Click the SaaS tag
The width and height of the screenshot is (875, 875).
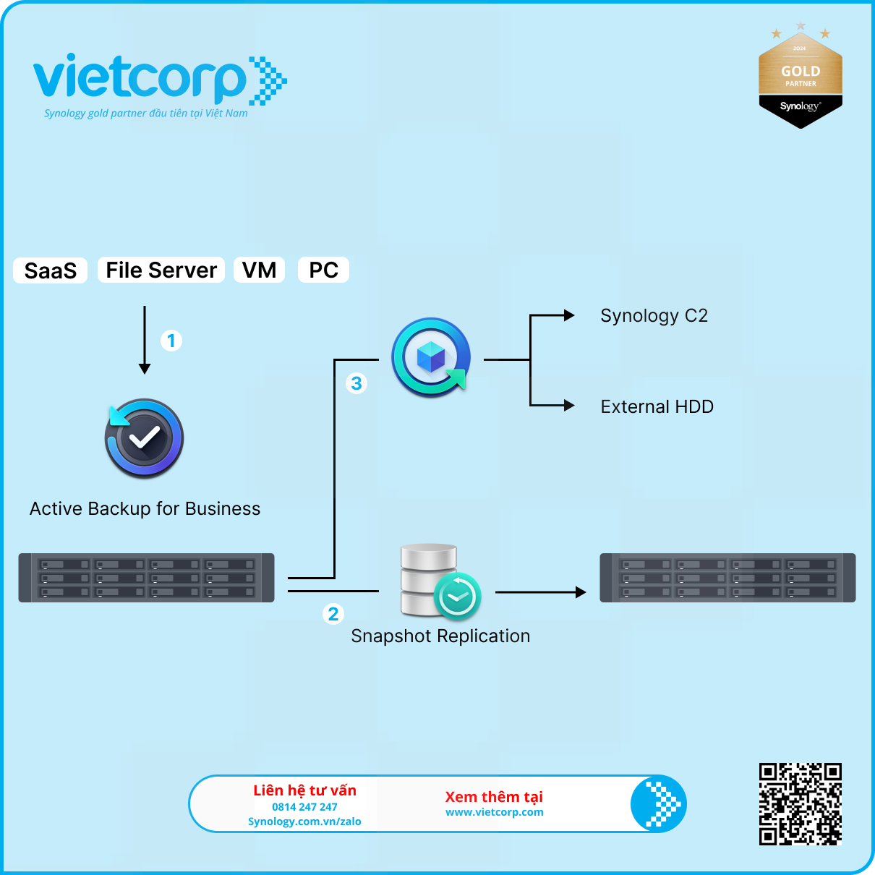click(51, 270)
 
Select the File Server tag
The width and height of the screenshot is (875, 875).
click(161, 270)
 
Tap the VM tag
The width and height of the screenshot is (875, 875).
click(259, 270)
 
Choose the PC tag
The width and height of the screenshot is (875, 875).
click(323, 270)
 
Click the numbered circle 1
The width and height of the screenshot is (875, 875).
click(171, 341)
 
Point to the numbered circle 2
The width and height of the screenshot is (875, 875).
click(333, 614)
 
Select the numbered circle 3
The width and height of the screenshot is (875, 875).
click(357, 383)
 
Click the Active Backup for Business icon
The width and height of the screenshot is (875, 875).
click(144, 438)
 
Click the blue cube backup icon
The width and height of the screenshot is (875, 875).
click(431, 357)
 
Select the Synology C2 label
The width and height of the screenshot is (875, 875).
click(654, 316)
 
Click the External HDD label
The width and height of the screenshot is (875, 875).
click(657, 407)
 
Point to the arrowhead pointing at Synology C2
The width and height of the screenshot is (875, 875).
click(569, 315)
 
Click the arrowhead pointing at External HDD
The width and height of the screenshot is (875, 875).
click(569, 406)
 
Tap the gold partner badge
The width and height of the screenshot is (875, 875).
click(801, 78)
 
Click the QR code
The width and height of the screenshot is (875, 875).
click(801, 804)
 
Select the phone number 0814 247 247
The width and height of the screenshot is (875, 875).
click(304, 807)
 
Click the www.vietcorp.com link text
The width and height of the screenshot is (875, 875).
click(495, 812)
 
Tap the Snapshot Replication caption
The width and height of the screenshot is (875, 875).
click(440, 636)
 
